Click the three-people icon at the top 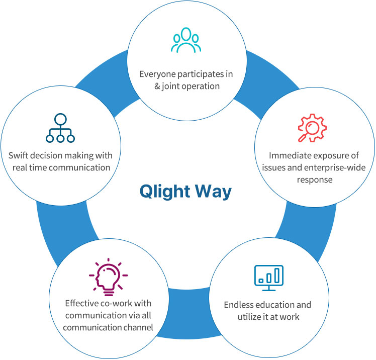coord(186,40)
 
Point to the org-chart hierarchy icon coord(60,128)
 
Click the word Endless coord(239,305)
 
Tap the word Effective coord(82,303)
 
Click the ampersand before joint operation coord(156,86)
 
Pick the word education coord(277,305)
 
